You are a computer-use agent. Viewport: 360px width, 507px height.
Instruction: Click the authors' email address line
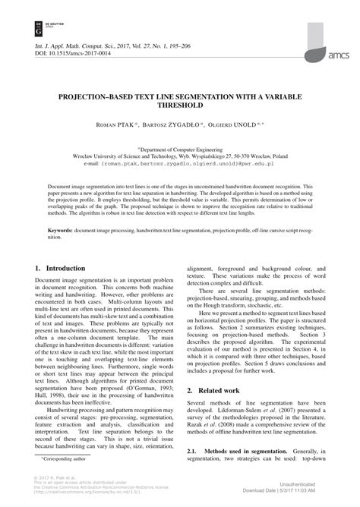(x=179, y=162)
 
